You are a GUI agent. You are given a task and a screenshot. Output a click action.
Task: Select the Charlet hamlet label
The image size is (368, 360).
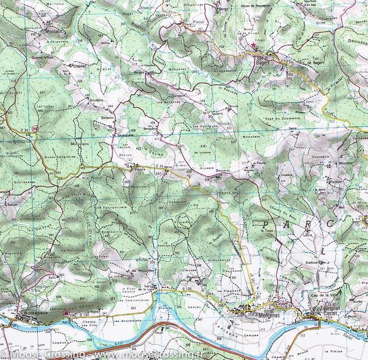click(79, 63)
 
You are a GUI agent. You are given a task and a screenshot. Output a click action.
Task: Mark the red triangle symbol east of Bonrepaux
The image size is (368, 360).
click(66, 313)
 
